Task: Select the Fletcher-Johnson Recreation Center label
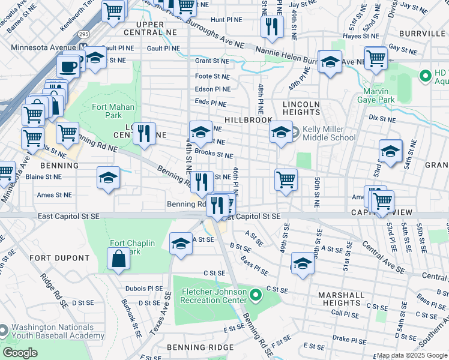click(x=214, y=295)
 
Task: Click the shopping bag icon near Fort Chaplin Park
click(x=119, y=258)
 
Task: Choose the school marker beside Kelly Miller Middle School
click(x=280, y=133)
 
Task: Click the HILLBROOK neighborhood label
click(x=249, y=120)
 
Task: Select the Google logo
click(x=20, y=353)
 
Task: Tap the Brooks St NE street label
click(x=214, y=155)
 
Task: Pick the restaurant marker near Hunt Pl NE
click(x=271, y=27)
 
